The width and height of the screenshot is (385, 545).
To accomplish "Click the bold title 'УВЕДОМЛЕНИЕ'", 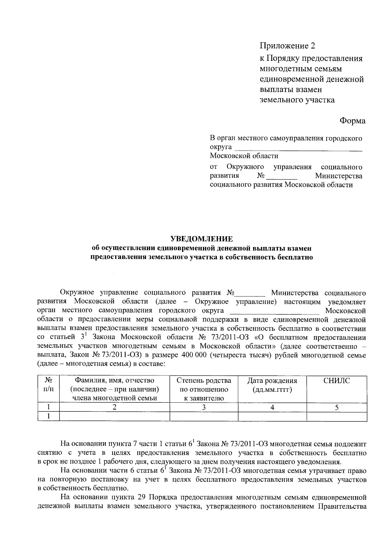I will point(202,239).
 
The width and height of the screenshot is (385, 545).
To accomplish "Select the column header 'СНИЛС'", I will point(337,381).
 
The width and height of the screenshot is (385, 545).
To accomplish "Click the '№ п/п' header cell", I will point(48,385).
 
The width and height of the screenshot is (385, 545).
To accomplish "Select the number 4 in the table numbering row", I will point(272,408).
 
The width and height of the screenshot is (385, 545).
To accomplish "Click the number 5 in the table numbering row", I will point(337,408).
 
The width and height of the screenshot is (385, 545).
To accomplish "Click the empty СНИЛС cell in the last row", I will point(337,417).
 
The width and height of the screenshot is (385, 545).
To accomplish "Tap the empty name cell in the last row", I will point(115,417).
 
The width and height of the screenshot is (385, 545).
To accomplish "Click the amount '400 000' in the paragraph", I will point(192,355).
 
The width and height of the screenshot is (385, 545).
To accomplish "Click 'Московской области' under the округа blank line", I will point(244,156).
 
